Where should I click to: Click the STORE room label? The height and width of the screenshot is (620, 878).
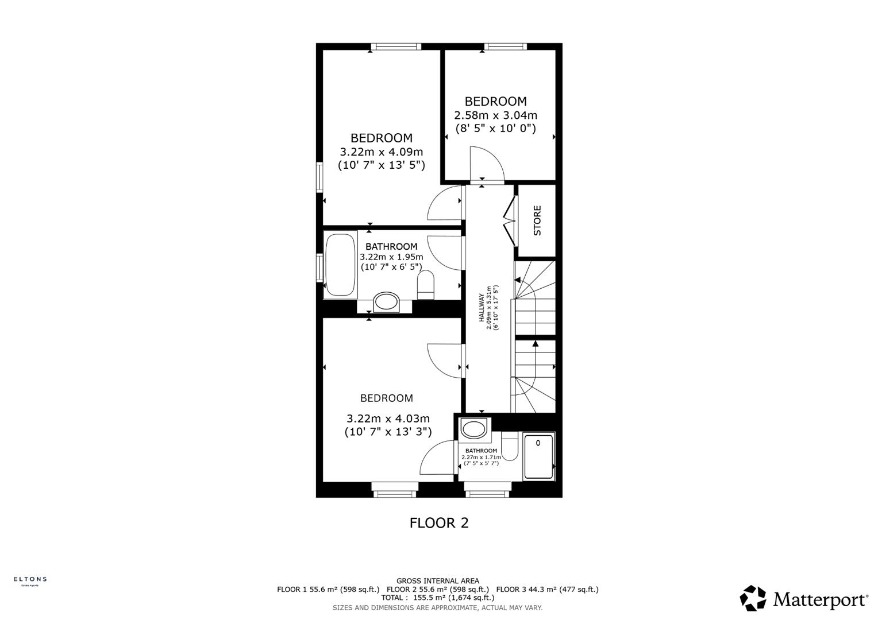pyautogui.click(x=537, y=220)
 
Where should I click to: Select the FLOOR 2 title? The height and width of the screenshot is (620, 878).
pyautogui.click(x=439, y=522)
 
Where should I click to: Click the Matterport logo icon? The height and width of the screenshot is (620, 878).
pyautogui.click(x=753, y=598)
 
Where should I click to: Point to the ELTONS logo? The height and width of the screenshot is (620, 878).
pyautogui.click(x=30, y=580)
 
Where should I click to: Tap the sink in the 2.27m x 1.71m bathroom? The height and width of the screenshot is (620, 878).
pyautogui.click(x=474, y=429)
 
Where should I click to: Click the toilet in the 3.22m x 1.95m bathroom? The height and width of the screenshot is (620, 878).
pyautogui.click(x=426, y=285)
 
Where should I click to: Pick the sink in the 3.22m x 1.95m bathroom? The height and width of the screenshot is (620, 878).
pyautogui.click(x=386, y=302)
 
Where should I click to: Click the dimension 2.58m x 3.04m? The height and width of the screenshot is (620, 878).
pyautogui.click(x=495, y=115)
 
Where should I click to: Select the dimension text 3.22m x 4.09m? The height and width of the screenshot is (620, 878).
pyautogui.click(x=382, y=152)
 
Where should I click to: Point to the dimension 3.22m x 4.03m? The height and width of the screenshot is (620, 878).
pyautogui.click(x=388, y=418)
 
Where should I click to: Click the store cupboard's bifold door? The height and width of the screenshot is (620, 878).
pyautogui.click(x=509, y=220)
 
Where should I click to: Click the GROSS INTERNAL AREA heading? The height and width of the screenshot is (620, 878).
pyautogui.click(x=437, y=581)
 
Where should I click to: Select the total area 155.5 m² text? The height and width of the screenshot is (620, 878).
pyautogui.click(x=437, y=598)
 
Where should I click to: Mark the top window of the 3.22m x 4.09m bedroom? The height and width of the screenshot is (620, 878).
pyautogui.click(x=395, y=47)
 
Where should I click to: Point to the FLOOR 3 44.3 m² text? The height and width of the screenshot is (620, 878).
pyautogui.click(x=547, y=590)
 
